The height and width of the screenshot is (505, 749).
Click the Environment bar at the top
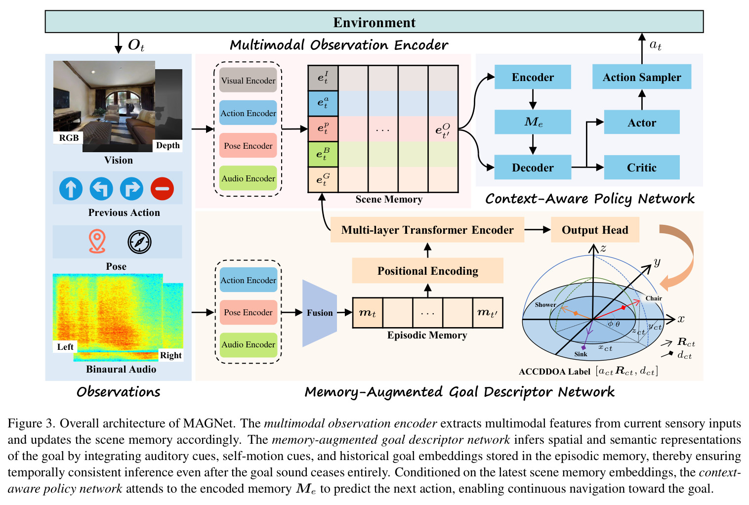pyautogui.click(x=374, y=22)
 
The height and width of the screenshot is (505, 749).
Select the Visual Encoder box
pyautogui.click(x=248, y=80)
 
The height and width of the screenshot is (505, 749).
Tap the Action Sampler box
pyautogui.click(x=642, y=77)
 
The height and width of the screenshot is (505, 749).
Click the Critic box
pyautogui.click(x=642, y=167)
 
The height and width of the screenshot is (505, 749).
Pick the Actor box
pyautogui.click(x=642, y=123)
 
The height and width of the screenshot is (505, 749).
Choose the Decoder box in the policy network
pyautogui.click(x=533, y=167)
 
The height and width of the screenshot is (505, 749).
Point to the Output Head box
pyautogui.click(x=595, y=230)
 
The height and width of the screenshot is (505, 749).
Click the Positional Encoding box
pyautogui.click(x=428, y=271)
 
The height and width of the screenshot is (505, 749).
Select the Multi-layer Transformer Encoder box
pyautogui.click(x=427, y=230)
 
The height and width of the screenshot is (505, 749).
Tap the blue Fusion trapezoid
pyautogui.click(x=319, y=313)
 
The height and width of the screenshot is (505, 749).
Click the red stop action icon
pyautogui.click(x=162, y=189)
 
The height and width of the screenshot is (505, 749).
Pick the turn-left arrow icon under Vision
pyautogui.click(x=101, y=189)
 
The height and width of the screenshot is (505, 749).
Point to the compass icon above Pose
pyautogui.click(x=139, y=242)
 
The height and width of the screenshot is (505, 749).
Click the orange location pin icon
pyautogui.click(x=97, y=241)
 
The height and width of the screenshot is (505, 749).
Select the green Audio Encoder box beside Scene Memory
pyautogui.click(x=248, y=178)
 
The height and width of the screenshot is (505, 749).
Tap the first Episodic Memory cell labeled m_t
pyautogui.click(x=368, y=313)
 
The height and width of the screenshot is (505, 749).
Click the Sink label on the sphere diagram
pyautogui.click(x=581, y=354)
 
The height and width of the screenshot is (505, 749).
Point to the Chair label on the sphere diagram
pyautogui.click(x=654, y=298)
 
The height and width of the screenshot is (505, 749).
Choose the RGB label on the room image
pyautogui.click(x=69, y=138)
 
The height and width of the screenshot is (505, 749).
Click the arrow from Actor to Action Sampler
pyautogui.click(x=642, y=100)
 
